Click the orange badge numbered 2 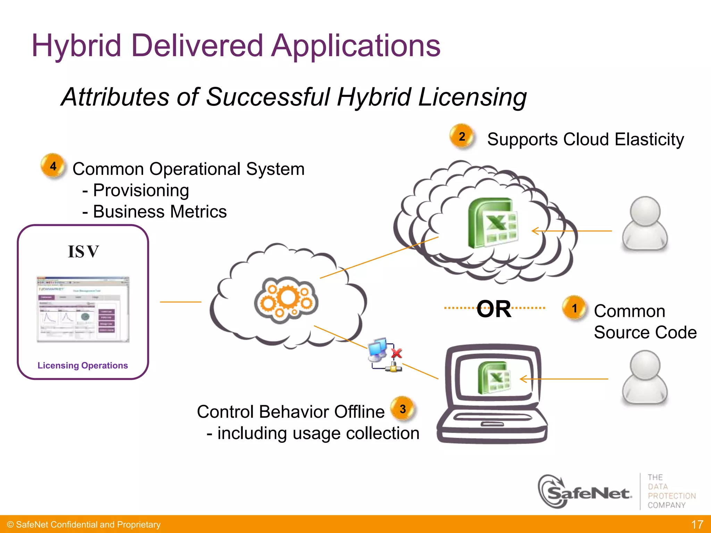point(462,136)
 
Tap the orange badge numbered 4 point(53,166)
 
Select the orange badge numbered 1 point(574,308)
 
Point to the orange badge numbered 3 point(403,409)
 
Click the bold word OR point(494,309)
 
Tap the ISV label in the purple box point(83,252)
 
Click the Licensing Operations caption point(83,365)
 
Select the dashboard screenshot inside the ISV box point(83,309)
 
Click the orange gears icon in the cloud point(286,300)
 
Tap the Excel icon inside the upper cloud point(493,222)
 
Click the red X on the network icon point(396,354)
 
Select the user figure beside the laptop point(645,377)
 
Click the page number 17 point(697,524)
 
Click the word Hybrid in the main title point(76,46)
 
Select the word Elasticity point(649,139)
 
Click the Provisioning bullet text point(141,190)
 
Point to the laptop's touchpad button point(492,424)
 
